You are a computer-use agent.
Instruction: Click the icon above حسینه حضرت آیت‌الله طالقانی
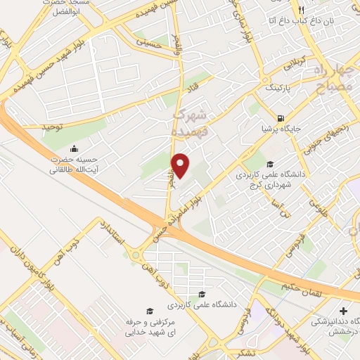[x=74, y=149]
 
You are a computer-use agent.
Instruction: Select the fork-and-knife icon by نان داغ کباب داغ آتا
[x=301, y=10]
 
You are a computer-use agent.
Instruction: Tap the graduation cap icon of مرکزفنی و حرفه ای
[x=148, y=311]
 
